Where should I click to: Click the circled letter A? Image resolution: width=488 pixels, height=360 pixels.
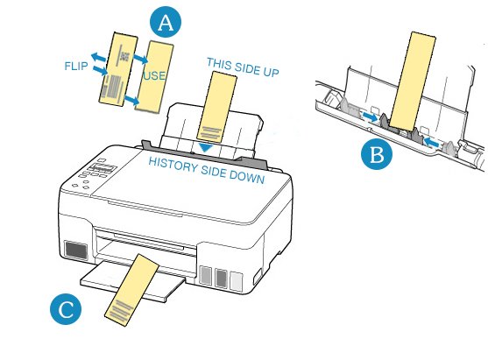click(x=166, y=22)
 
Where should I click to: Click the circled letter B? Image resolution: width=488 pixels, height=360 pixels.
click(x=377, y=154)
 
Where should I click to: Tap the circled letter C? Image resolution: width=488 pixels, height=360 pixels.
click(x=66, y=309)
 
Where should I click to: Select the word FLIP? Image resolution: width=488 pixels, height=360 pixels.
click(x=76, y=66)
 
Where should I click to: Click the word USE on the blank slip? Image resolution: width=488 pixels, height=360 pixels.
click(x=154, y=76)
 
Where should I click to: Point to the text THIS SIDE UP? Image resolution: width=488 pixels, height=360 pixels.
click(x=243, y=67)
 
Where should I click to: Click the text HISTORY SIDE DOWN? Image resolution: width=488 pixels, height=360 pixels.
click(x=207, y=170)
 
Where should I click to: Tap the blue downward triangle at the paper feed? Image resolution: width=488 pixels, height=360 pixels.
click(x=206, y=147)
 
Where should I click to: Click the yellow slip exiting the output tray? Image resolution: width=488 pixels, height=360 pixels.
click(x=131, y=290)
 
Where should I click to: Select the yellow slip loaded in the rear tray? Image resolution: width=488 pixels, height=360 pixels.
click(x=216, y=108)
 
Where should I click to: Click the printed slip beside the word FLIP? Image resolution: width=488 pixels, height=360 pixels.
click(x=118, y=69)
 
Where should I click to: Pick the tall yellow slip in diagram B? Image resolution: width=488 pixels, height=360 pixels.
click(x=413, y=81)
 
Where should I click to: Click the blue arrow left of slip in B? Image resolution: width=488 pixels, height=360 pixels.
click(x=370, y=117)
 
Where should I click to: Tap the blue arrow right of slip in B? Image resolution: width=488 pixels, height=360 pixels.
click(x=432, y=142)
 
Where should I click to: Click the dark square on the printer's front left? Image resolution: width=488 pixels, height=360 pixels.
click(x=76, y=251)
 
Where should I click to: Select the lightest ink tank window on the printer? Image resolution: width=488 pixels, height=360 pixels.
click(x=237, y=281)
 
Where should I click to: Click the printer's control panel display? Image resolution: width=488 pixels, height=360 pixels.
click(x=103, y=168)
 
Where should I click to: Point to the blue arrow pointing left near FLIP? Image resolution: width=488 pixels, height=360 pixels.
click(x=99, y=57)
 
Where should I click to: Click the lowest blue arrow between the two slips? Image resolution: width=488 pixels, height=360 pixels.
click(x=131, y=100)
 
